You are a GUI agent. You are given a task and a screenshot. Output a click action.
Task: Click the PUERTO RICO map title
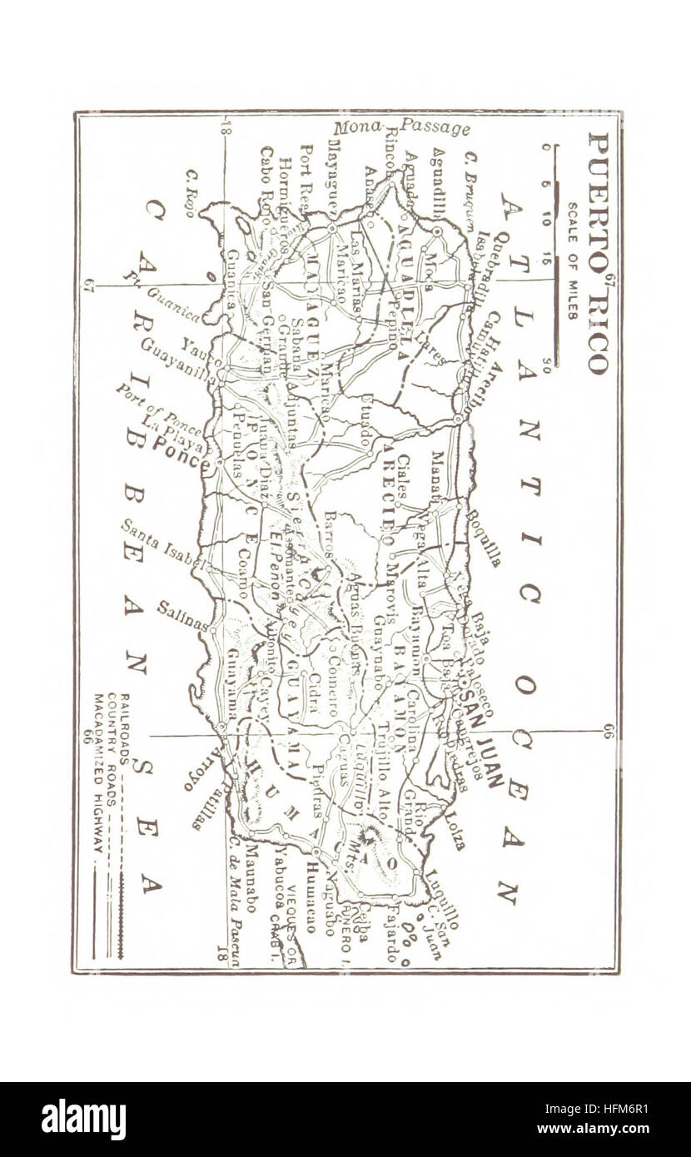[599, 252]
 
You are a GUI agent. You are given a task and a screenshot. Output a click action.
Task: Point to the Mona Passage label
[402, 127]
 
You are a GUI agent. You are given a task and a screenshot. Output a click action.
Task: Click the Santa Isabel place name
[162, 546]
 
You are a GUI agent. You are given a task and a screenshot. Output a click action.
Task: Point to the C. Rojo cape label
[191, 194]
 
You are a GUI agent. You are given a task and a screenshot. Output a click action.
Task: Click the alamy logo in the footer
[84, 1120]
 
